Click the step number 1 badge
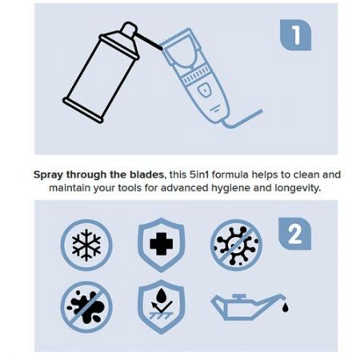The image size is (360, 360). point(295,34)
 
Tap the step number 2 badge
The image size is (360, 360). point(294,234)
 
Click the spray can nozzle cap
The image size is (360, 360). point(130,29)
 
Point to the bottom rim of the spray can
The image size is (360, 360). point(82,110)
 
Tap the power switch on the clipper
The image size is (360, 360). point(204,90)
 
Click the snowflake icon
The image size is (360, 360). point(86,245)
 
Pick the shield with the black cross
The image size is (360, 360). point(161,245)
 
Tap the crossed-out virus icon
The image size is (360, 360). point(236,245)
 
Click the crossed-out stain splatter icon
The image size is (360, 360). point(86,307)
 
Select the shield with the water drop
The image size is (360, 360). point(161,306)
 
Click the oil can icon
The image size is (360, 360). point(246,306)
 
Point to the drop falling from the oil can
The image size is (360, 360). point(286,308)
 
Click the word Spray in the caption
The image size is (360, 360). point(49,175)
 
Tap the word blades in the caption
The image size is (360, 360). point(148,174)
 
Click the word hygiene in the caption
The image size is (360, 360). point(230,189)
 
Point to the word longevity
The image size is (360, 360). point(297,189)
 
